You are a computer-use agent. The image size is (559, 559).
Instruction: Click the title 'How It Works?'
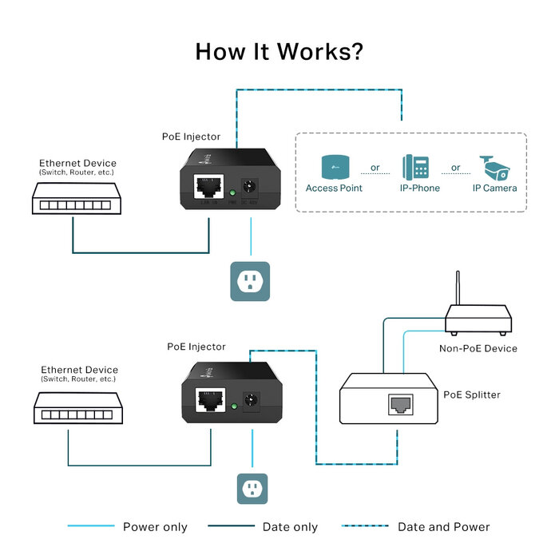(279, 52)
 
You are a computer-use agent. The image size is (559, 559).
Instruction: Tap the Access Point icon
(334, 167)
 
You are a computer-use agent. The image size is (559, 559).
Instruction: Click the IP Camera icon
(495, 168)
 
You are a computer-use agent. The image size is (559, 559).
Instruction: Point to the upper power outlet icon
(250, 281)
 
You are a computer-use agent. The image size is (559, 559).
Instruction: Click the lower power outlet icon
(251, 488)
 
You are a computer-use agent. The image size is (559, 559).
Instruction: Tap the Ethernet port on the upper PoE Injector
(207, 188)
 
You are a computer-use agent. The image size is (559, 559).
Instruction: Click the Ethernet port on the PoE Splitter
(399, 406)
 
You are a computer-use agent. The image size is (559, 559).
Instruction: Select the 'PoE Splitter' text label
(472, 394)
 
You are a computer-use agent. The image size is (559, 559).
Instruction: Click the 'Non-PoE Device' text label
(478, 348)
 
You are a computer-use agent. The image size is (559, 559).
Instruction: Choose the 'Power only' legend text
(155, 527)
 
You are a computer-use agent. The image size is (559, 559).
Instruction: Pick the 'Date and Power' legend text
(443, 527)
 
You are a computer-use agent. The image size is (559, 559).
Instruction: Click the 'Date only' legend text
(290, 527)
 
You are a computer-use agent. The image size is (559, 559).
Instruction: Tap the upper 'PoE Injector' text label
(191, 137)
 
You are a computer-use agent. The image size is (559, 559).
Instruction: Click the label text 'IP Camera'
(494, 188)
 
